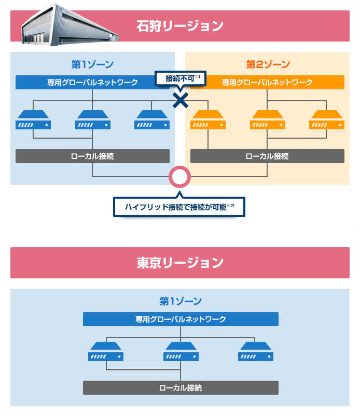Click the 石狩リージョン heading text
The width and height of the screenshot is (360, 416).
[x=180, y=25]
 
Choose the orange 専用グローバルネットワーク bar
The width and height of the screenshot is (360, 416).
[x=267, y=82]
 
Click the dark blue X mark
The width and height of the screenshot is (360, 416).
[x=180, y=100]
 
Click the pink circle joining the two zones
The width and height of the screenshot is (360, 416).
[x=180, y=177]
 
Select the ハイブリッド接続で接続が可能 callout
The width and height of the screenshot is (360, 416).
[x=179, y=207]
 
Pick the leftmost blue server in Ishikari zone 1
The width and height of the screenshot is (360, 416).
[x=33, y=119]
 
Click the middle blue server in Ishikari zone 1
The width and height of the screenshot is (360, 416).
[x=92, y=119]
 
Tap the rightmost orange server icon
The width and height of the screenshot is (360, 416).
[x=327, y=119]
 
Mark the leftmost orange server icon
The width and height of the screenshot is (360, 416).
[x=207, y=119]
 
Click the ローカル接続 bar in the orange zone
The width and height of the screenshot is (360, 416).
[x=267, y=156]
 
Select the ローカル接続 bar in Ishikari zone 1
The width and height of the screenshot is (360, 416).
[x=92, y=156]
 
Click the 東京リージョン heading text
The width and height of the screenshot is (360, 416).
[x=180, y=263]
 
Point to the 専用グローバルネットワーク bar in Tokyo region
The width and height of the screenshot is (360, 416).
[x=181, y=319]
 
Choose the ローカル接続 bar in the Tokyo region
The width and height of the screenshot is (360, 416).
[x=181, y=387]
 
